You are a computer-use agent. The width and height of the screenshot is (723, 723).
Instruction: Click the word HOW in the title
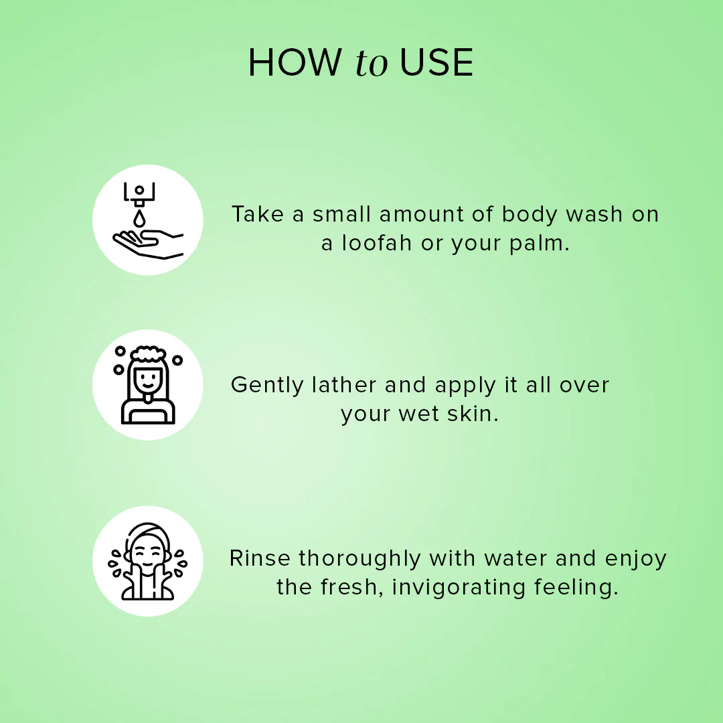pos(295,64)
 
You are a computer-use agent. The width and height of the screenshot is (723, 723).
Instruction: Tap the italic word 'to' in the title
pos(372,64)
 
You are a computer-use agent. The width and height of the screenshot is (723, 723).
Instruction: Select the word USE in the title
pos(436,64)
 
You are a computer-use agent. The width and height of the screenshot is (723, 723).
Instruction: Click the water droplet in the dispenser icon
pos(139,218)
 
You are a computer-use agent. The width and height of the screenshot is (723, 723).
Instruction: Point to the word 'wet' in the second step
pos(418,414)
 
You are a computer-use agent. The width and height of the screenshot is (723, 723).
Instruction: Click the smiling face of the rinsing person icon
pos(148,555)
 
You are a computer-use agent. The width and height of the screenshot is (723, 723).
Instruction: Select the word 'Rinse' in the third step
pos(260,558)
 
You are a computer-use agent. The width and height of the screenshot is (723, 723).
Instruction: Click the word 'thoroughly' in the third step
pos(360,559)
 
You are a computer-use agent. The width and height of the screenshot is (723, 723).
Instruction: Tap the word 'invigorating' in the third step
pos(459,588)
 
